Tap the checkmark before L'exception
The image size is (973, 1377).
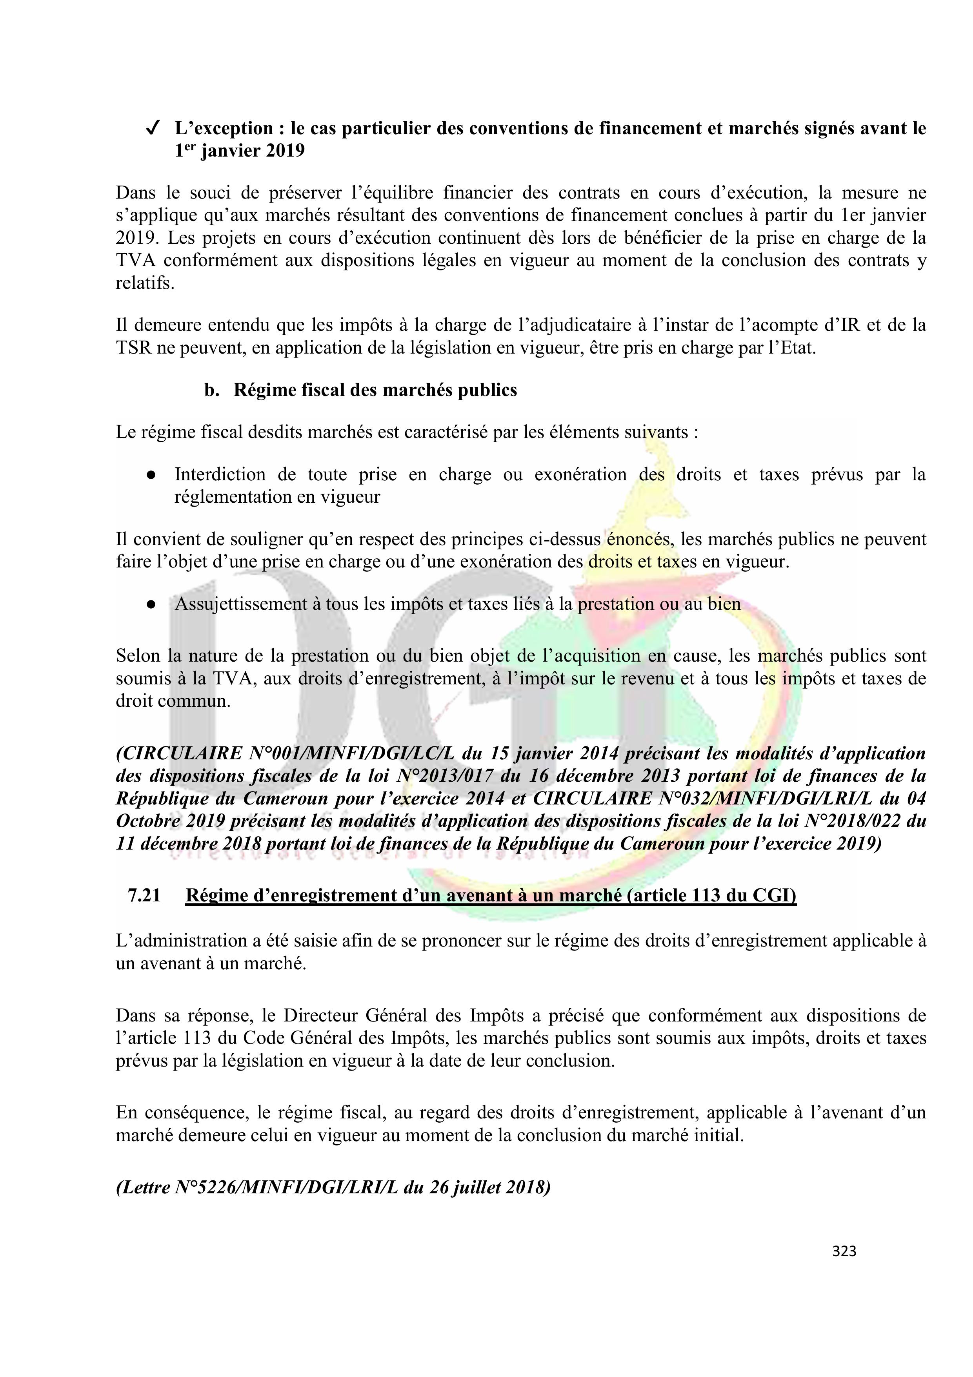coord(152,128)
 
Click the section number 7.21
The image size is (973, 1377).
coord(144,896)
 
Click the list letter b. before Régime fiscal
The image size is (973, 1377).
coord(211,390)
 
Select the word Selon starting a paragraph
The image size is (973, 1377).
coord(137,656)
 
